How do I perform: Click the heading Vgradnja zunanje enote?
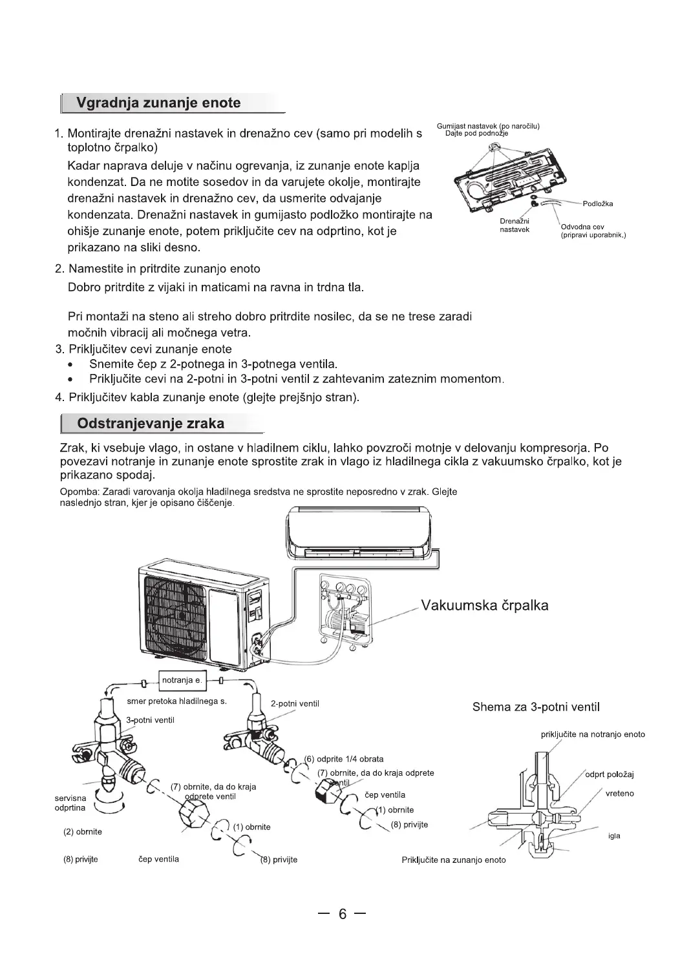158,103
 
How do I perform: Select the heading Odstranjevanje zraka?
151,424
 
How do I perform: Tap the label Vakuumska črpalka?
485,605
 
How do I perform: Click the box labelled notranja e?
182,680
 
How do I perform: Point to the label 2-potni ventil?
295,703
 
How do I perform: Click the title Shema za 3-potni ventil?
536,707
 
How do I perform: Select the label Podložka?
597,204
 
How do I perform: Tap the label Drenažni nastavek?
515,225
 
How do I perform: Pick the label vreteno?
620,793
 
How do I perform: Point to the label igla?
614,836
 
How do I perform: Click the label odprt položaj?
610,774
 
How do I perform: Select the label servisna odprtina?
70,803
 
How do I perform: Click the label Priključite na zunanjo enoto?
454,860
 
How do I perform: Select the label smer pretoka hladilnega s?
176,701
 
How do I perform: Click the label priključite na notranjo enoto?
593,734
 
